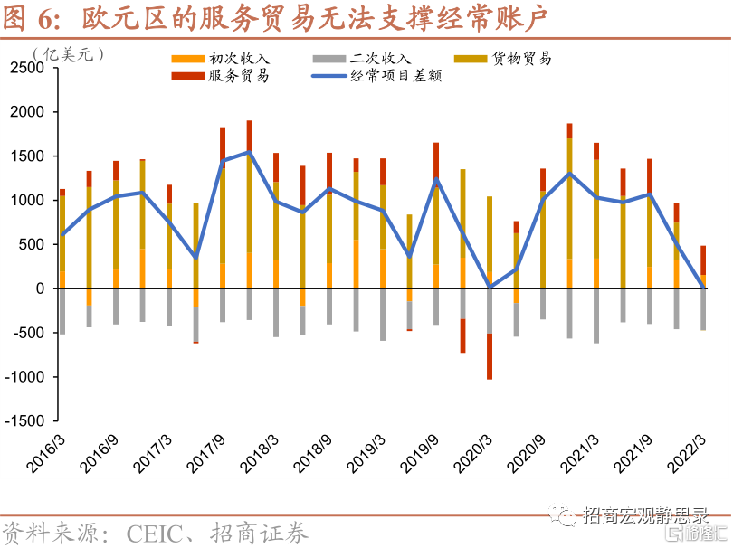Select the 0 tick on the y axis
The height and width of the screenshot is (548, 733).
point(41,288)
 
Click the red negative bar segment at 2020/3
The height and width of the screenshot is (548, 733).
point(490,356)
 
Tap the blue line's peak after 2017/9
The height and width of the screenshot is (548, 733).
point(249,152)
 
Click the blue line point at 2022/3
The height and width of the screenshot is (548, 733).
point(703,288)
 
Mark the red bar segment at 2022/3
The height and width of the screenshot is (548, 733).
point(703,260)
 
